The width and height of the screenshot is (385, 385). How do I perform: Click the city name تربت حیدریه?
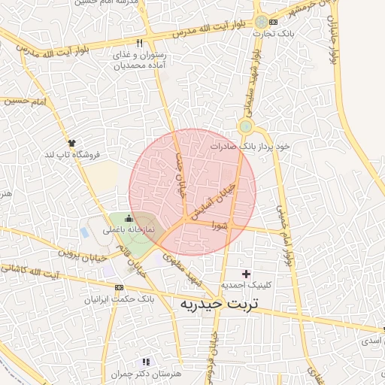[x=214, y=305]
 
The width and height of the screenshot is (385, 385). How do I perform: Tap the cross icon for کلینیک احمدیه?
[x=246, y=273]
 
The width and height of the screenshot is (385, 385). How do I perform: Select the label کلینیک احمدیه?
[x=247, y=286]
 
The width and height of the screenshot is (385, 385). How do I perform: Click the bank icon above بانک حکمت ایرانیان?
[x=118, y=287]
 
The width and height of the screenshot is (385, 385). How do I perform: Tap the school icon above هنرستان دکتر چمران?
[x=145, y=362]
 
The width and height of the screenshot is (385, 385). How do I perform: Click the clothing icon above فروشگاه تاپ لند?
[x=71, y=142]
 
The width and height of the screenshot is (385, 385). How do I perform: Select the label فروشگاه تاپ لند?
[x=72, y=154]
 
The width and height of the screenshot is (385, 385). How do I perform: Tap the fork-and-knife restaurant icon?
[x=139, y=43]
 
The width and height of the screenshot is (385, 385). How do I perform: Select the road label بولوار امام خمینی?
[x=283, y=234]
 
